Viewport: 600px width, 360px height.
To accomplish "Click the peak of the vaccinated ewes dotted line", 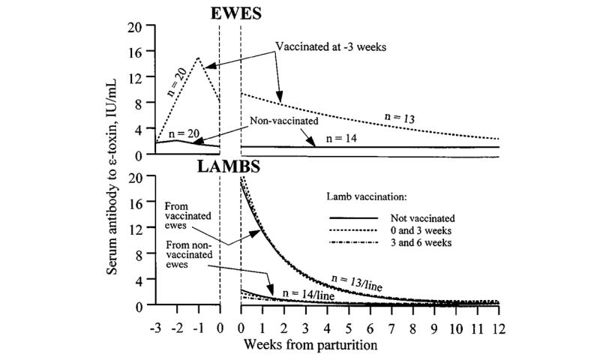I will coord(198,58).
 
